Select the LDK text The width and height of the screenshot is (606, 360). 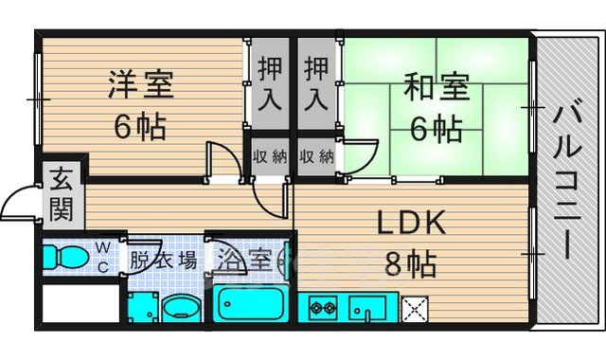pyautogui.click(x=412, y=225)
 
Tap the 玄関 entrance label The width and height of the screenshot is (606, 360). pyautogui.click(x=62, y=194)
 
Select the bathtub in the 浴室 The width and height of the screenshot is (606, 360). pyautogui.click(x=251, y=305)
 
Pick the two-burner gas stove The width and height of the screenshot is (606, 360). pyautogui.click(x=323, y=308)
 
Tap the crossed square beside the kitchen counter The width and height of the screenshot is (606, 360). pyautogui.click(x=415, y=308)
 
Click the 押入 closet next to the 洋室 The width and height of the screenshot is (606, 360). pyautogui.click(x=269, y=82)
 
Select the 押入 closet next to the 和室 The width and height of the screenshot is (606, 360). pyautogui.click(x=316, y=82)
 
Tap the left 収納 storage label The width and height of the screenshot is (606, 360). pyautogui.click(x=269, y=154)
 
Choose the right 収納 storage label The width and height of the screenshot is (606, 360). pyautogui.click(x=316, y=154)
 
